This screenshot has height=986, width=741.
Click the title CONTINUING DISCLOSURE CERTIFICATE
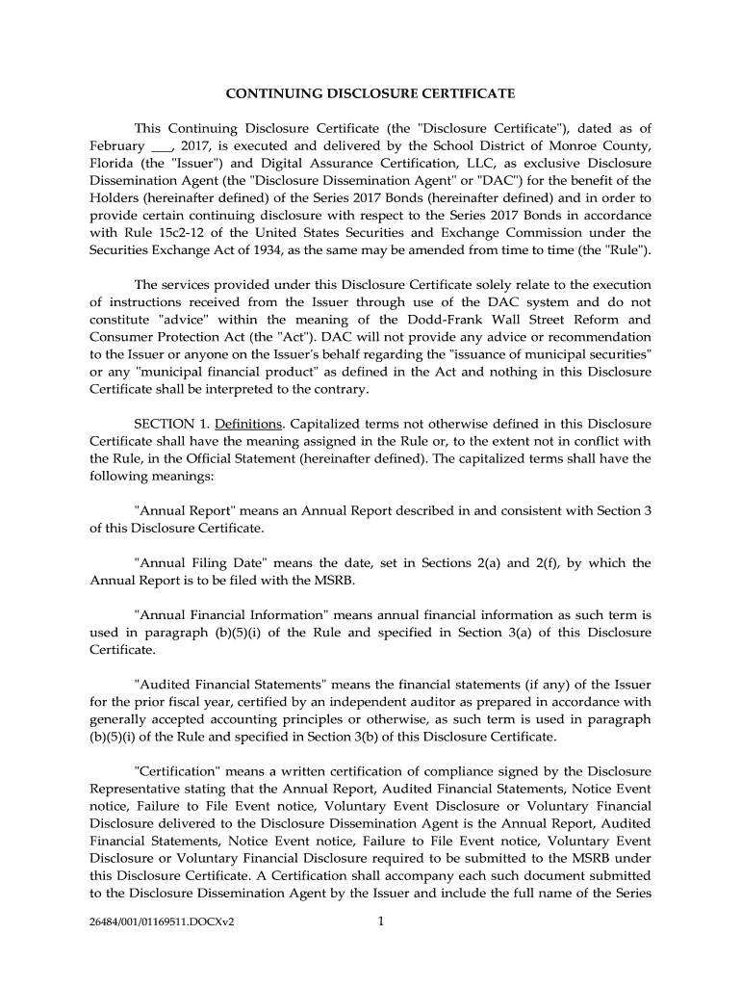coord(370,93)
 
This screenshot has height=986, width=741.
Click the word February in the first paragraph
coord(117,145)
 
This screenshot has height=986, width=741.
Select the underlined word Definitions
coord(248,424)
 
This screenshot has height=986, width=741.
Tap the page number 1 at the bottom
coord(381,921)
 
